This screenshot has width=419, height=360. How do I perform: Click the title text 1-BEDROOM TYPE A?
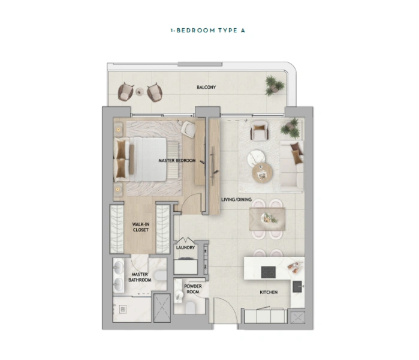point(209,30)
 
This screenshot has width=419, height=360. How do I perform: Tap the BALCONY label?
point(206,88)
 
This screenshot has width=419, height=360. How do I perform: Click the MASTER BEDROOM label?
point(177,161)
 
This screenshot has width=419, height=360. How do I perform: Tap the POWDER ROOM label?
point(192,289)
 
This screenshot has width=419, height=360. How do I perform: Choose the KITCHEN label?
point(268,292)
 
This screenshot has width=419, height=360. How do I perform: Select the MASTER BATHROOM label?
point(140,277)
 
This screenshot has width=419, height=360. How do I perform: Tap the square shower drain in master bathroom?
point(123,310)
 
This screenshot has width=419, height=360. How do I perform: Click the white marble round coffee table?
point(256,157)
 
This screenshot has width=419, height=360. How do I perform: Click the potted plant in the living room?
point(292,127)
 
